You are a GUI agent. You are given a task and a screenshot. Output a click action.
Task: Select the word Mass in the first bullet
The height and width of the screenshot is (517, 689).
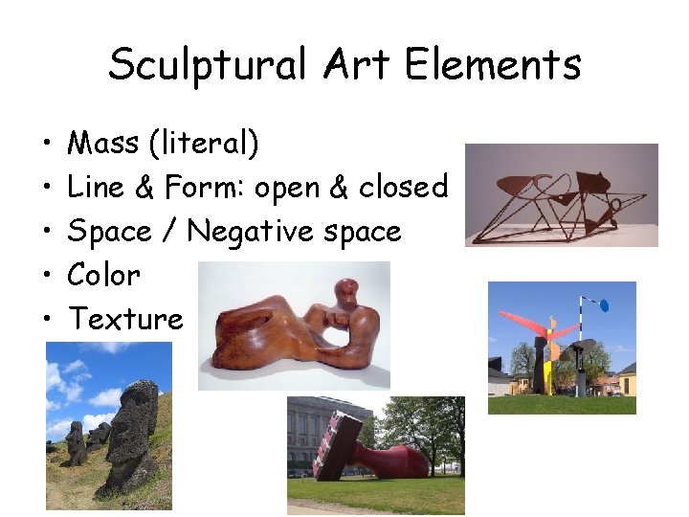pos(104,144)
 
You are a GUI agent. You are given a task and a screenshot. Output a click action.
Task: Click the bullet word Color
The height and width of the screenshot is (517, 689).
pos(104,275)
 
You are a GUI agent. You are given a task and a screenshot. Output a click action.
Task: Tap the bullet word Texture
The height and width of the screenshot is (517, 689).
pos(125,319)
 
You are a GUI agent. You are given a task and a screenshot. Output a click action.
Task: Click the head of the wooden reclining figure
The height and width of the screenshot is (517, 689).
pos(342,292)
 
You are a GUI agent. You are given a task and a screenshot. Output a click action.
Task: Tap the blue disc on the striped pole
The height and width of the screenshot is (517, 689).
pos(602,306)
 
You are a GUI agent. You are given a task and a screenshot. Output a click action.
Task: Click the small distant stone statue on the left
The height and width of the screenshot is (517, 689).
pos(74,442)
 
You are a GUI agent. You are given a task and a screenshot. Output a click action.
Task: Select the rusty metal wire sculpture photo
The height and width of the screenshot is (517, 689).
pos(561,195)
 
